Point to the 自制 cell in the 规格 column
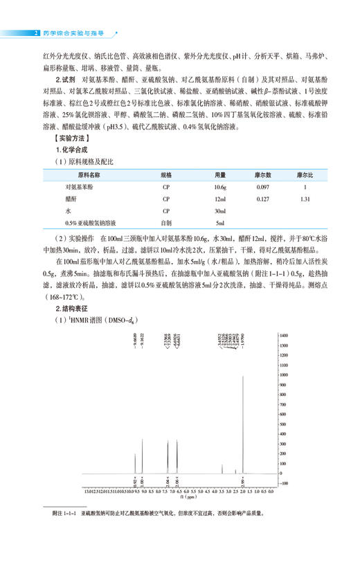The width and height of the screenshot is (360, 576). (x=165, y=222)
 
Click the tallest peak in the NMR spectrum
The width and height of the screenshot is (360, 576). (x=243, y=377)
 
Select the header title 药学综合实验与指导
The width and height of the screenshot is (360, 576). (x=73, y=32)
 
